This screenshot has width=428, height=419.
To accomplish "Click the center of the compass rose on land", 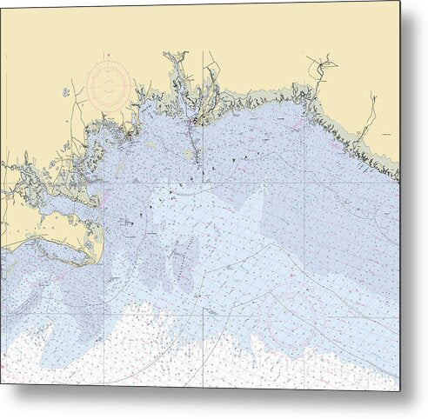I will point(109,85).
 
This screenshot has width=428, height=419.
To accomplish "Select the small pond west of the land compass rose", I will point(64,91).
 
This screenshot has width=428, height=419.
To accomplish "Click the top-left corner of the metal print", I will point(1,1).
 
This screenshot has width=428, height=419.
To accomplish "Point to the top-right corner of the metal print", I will point(400,1).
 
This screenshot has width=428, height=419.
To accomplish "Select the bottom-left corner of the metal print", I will point(1,382).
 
